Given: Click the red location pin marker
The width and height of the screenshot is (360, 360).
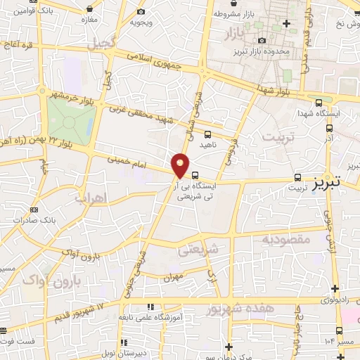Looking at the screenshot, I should point(181,165).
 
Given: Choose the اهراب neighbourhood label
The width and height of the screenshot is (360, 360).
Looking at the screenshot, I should point(89,196).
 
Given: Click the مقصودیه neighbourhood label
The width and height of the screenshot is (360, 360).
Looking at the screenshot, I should point(285,240).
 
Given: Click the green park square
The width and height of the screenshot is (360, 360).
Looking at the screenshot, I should point(71,120).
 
